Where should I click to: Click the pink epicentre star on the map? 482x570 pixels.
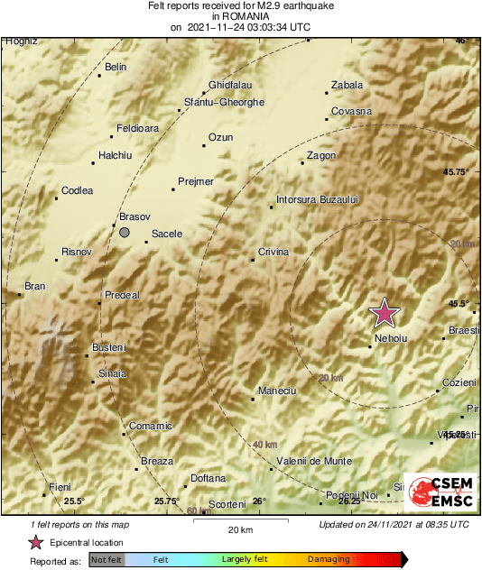pyautogui.click(x=385, y=312)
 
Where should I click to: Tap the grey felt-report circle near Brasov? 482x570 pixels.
pyautogui.click(x=125, y=233)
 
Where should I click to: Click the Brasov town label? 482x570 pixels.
pyautogui.click(x=134, y=217)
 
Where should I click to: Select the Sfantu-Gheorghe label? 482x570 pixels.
pyautogui.click(x=224, y=102)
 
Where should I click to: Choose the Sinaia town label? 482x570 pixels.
pyautogui.click(x=113, y=373)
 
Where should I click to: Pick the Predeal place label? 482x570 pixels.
pyautogui.click(x=122, y=295)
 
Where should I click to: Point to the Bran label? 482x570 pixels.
pyautogui.click(x=34, y=286)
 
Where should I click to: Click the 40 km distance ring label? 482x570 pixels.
pyautogui.click(x=264, y=445)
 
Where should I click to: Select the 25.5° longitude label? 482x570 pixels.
pyautogui.click(x=73, y=501)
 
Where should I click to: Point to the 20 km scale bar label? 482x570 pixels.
pyautogui.click(x=239, y=529)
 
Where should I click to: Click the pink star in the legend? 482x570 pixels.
pyautogui.click(x=36, y=542)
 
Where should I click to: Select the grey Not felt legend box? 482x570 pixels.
pyautogui.click(x=107, y=559)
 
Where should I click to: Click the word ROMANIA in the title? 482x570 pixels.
pyautogui.click(x=240, y=15)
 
